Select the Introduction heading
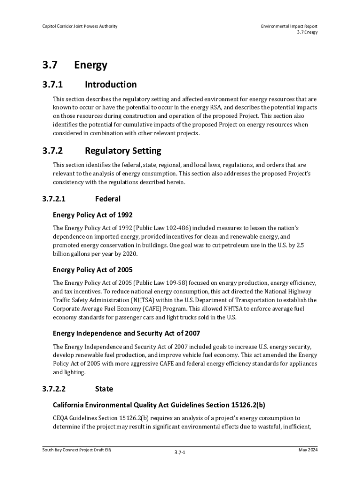click(110, 85)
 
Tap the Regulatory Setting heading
click(123, 151)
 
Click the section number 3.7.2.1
click(54, 199)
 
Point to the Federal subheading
click(108, 199)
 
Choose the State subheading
click(104, 389)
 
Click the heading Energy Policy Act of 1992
click(93, 215)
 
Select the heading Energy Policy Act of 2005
click(93, 270)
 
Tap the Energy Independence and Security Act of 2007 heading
click(126, 333)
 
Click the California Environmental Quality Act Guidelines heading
click(159, 405)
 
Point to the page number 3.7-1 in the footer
click(180, 453)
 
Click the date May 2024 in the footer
click(308, 450)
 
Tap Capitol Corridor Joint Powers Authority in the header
click(79, 26)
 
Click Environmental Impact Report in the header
click(289, 26)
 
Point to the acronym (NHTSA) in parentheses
click(146, 300)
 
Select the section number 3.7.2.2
click(54, 389)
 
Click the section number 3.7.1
click(52, 85)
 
